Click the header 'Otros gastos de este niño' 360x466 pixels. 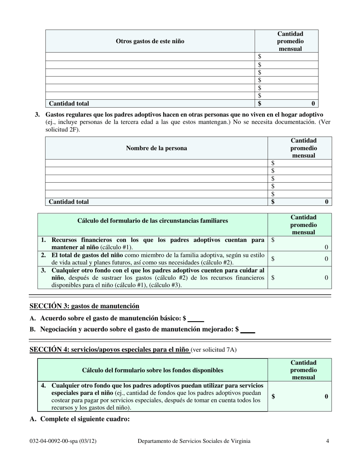[x=150, y=41]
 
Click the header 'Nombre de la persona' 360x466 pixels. [x=156, y=148]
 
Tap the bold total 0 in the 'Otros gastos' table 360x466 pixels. [x=313, y=103]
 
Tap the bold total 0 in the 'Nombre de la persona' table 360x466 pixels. [x=327, y=202]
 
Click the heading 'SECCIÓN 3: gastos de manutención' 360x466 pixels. [x=84, y=306]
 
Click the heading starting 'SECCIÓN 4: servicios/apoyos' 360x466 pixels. [x=110, y=350]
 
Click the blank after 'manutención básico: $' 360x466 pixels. [x=196, y=319]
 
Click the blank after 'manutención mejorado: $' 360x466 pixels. [x=248, y=330]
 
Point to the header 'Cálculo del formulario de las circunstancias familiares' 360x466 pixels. [x=153, y=220]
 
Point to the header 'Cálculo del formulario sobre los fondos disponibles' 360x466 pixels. [x=152, y=370]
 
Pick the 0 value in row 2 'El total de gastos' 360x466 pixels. [x=326, y=259]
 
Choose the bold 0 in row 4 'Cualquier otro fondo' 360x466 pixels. [x=326, y=396]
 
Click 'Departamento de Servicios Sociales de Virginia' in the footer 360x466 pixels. [x=194, y=441]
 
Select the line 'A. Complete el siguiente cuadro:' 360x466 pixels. [x=80, y=419]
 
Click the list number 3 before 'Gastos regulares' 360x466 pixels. [x=37, y=114]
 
